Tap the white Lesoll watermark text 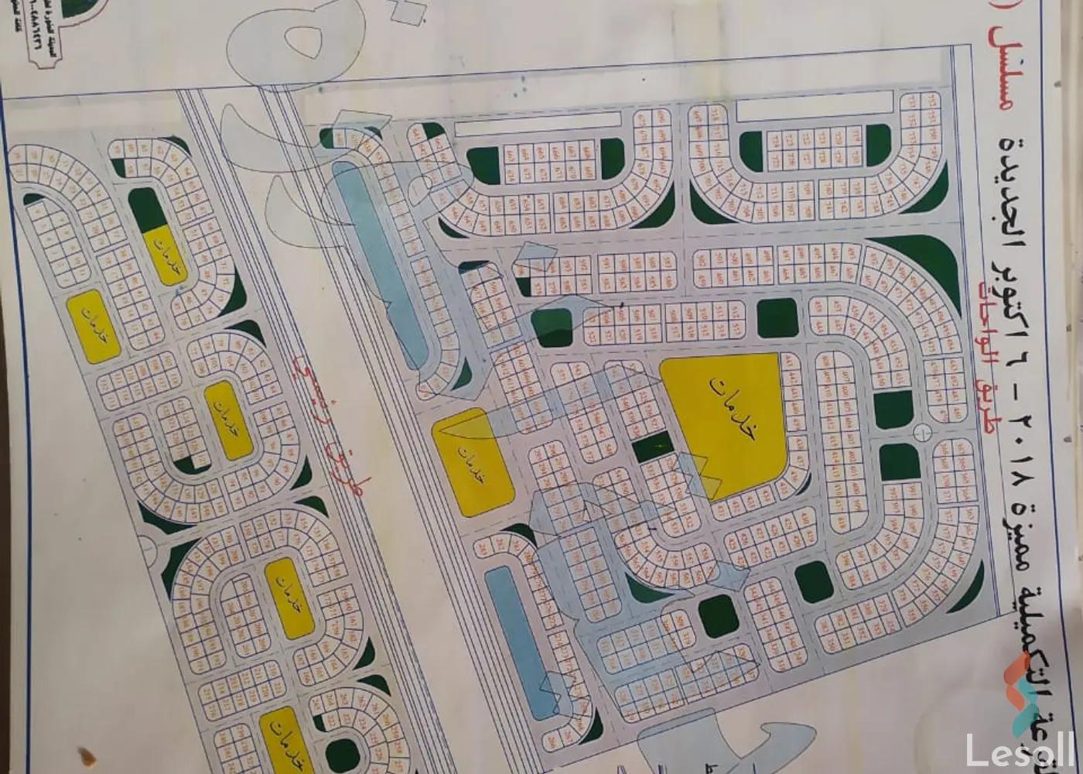tap(1020, 749)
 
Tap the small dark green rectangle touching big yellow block tap(654, 447)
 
